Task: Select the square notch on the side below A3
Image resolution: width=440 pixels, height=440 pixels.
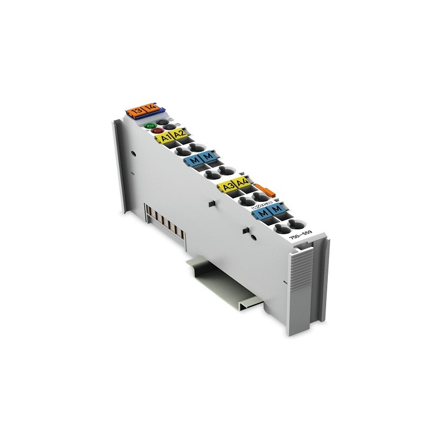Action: click(x=211, y=204)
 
